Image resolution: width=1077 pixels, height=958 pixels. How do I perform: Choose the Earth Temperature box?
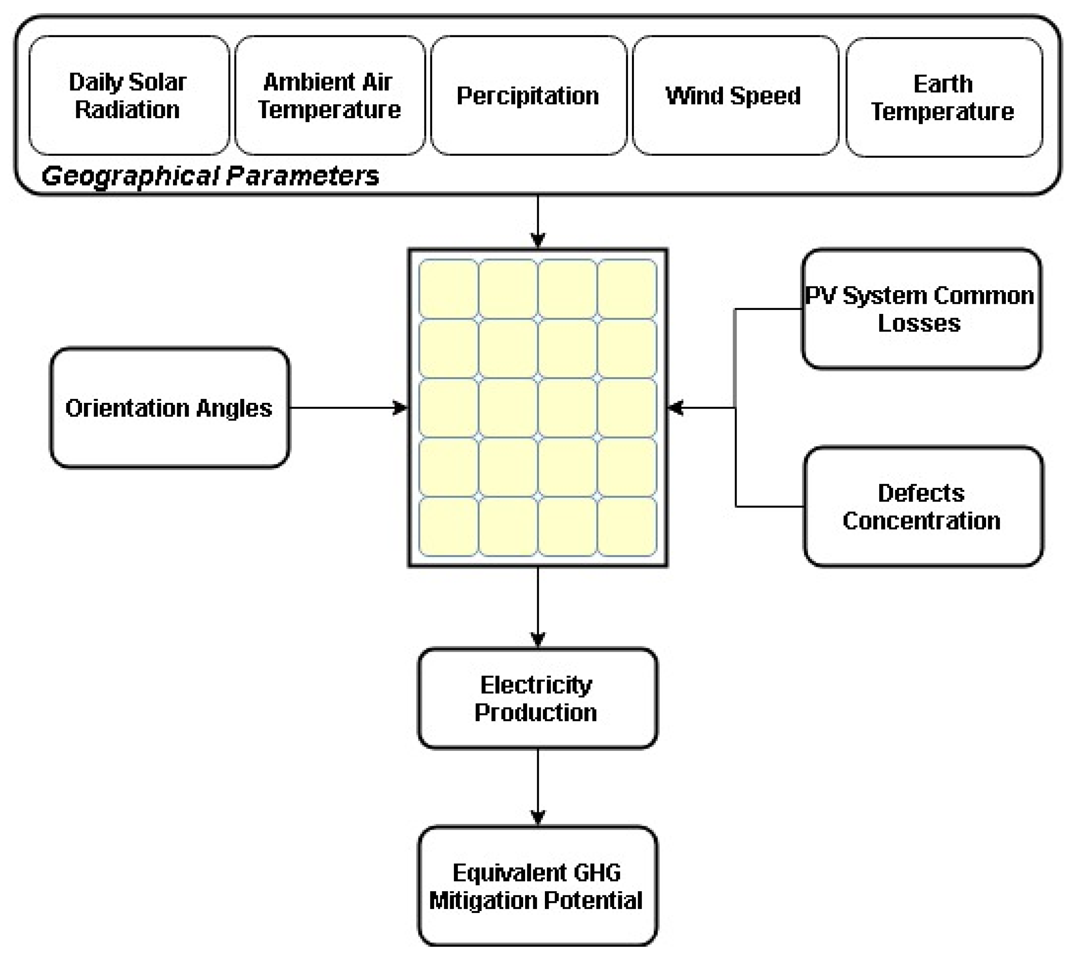coord(943,98)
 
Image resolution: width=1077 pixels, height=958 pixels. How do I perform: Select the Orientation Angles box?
coord(169,408)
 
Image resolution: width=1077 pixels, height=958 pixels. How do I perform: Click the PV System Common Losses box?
coord(920,309)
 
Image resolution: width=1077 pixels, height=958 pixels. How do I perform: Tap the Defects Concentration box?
coord(922,507)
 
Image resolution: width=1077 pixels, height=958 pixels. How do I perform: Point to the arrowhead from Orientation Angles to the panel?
coord(401,408)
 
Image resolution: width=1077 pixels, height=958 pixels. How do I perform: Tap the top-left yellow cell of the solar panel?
coord(449,289)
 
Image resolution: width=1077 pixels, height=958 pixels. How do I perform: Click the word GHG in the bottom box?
coord(597,873)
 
